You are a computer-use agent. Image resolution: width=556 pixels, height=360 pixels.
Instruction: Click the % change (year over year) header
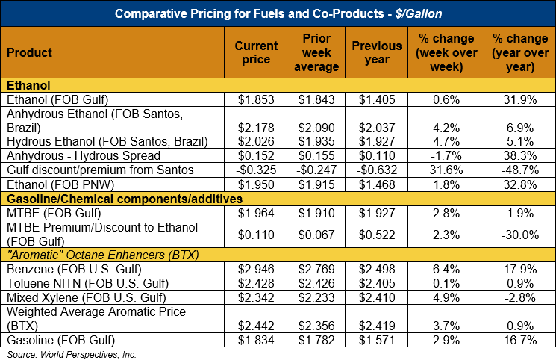point(518,53)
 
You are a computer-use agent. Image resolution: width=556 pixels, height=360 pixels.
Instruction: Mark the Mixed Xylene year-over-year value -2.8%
point(519,297)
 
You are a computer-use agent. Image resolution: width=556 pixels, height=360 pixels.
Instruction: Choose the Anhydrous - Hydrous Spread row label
point(83,156)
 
